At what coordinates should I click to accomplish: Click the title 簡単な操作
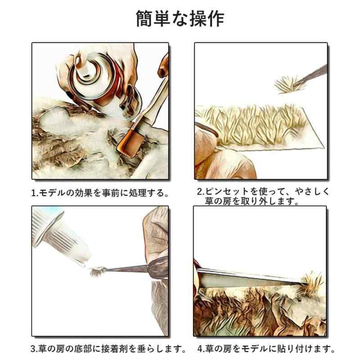point(180,19)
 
